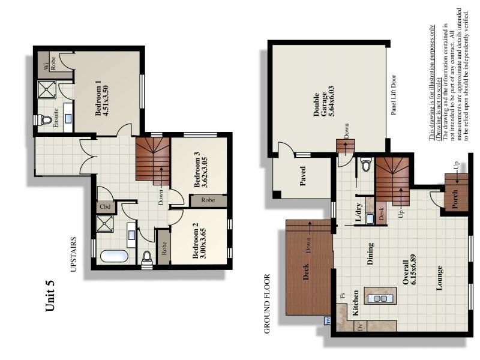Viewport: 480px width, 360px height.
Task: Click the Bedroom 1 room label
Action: point(98,96)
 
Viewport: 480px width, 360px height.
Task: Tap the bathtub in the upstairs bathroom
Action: point(114,256)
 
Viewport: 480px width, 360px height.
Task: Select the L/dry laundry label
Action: point(358,214)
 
